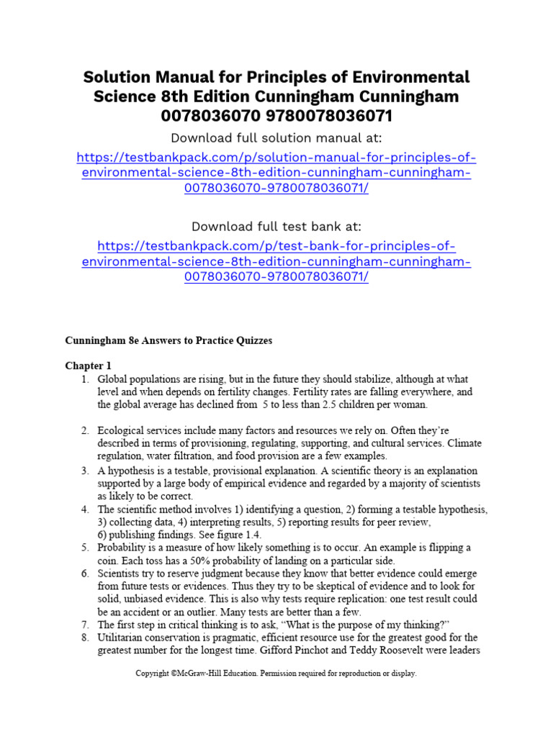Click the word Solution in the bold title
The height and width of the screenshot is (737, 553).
[117, 77]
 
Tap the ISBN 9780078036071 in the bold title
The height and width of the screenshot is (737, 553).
[325, 115]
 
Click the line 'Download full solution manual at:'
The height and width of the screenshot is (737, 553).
[276, 137]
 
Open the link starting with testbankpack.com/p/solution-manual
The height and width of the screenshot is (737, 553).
[276, 173]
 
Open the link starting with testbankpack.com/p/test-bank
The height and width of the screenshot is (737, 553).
[276, 261]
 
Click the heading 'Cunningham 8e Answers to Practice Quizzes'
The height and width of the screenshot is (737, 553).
[169, 341]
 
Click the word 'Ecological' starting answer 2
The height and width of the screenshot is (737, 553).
[122, 430]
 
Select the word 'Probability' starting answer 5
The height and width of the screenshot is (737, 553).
[123, 548]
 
